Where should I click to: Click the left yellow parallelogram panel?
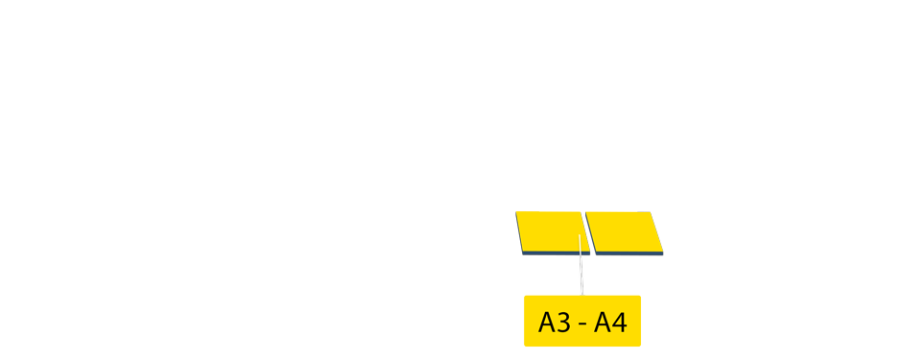[x=550, y=230]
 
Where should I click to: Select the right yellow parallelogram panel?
[x=624, y=230]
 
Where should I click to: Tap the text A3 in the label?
[x=555, y=323]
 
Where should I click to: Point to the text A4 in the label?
[x=610, y=323]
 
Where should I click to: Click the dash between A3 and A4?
[x=582, y=324]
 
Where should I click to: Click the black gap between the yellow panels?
[x=586, y=232]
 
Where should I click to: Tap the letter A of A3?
[x=547, y=323]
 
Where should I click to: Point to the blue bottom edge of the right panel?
[x=629, y=252]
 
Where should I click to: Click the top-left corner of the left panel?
[x=516, y=211]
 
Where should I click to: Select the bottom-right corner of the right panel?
[x=663, y=253]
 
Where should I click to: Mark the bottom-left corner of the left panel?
[x=523, y=252]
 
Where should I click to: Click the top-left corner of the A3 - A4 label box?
[x=524, y=297]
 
